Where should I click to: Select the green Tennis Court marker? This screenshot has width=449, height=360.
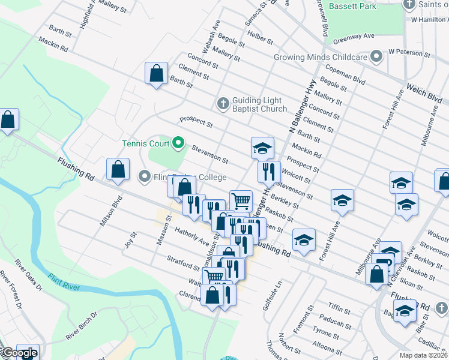178,143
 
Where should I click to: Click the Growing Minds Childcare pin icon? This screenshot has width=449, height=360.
376,57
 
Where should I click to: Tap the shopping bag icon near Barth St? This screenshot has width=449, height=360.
156,73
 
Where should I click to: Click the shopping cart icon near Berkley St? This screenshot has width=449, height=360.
241,200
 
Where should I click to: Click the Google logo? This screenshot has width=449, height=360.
19,353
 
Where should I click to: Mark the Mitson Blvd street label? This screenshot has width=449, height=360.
107,211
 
